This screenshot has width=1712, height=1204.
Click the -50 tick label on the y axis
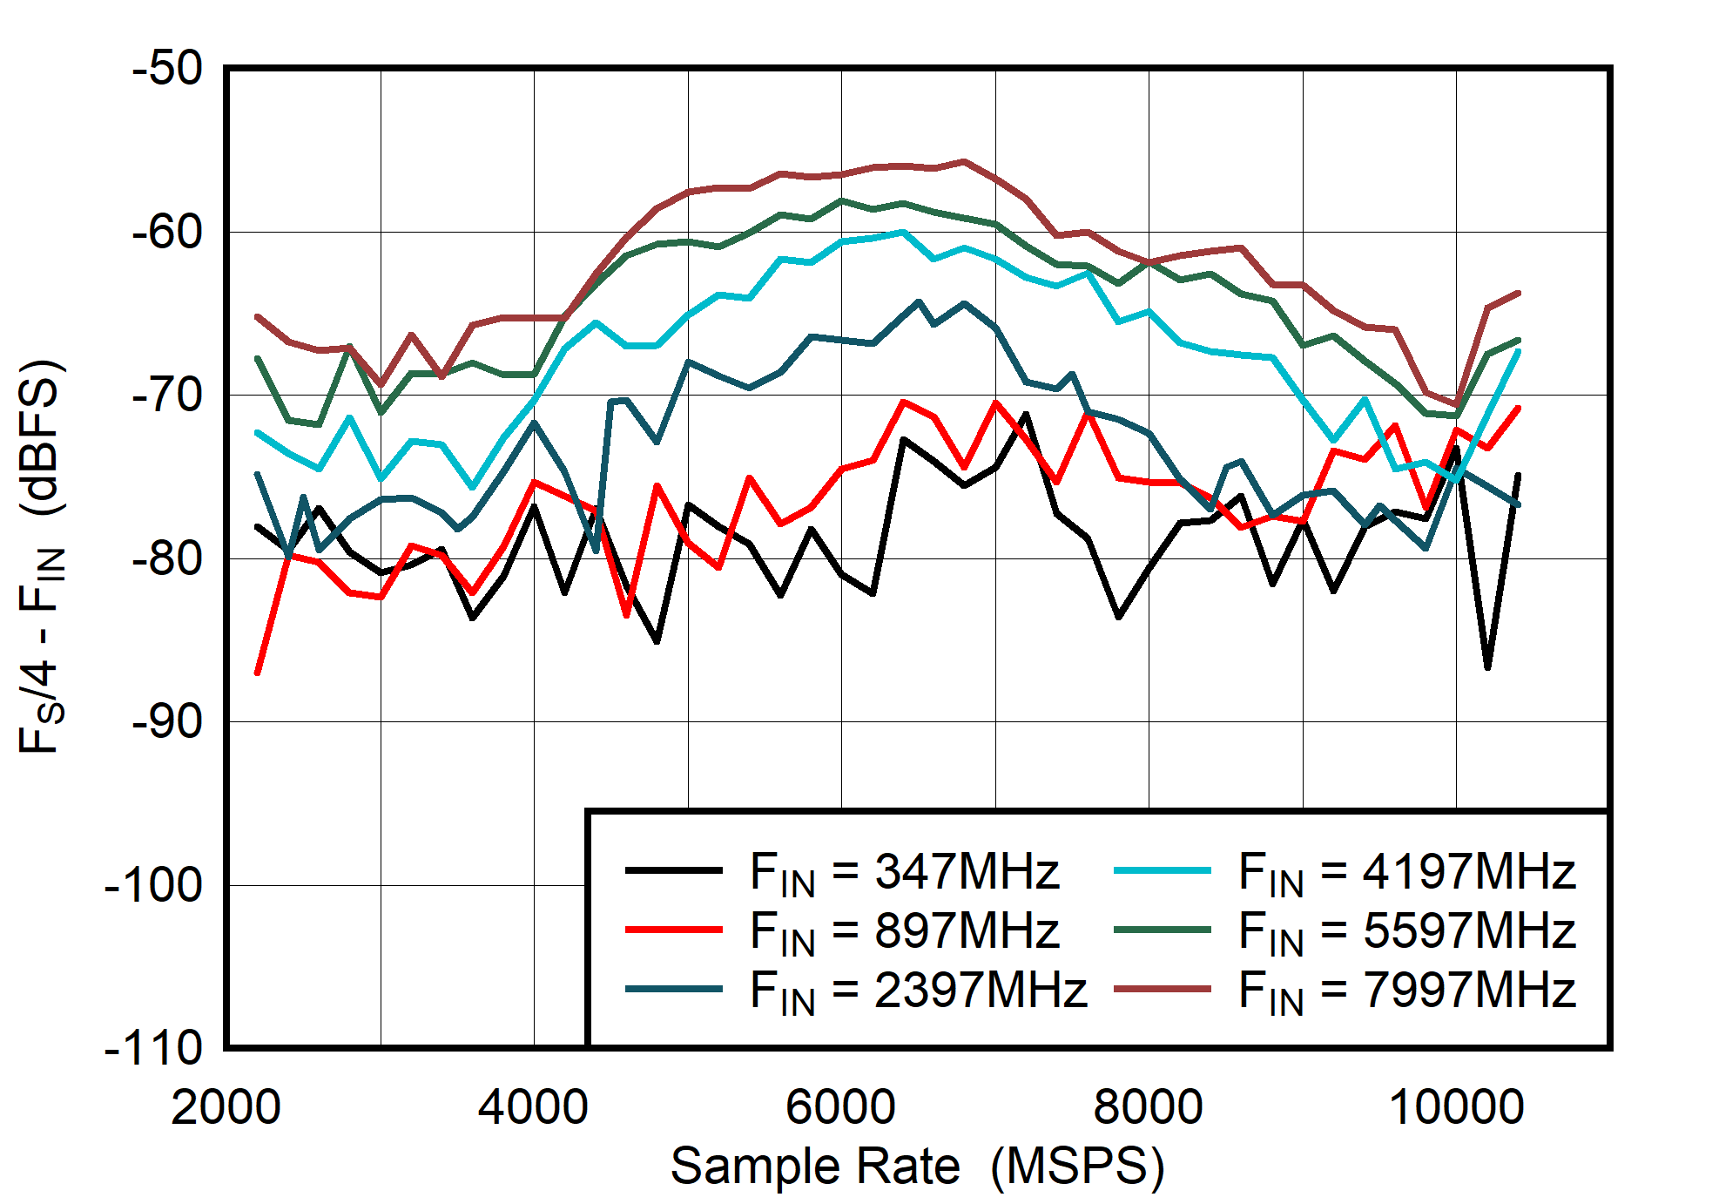point(167,69)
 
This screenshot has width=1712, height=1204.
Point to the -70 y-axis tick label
point(167,396)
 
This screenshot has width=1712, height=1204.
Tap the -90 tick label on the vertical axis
point(167,722)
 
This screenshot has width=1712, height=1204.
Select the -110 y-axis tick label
point(153,1048)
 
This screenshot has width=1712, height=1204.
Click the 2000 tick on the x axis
point(226,1107)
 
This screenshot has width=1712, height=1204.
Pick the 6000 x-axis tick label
point(840,1107)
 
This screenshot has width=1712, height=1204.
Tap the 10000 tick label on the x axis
point(1456,1107)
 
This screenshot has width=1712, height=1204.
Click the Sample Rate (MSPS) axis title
point(917,1167)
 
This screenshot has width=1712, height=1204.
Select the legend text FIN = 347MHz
point(904,872)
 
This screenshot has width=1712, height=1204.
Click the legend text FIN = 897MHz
point(904,931)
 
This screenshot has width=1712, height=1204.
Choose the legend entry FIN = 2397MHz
point(918,991)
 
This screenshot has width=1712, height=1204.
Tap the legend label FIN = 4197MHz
point(1406,872)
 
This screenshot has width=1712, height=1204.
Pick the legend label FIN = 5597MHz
point(1406,931)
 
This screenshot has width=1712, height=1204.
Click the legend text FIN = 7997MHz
point(1406,991)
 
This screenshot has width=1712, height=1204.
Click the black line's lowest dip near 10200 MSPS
point(1487,667)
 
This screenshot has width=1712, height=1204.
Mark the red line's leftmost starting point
point(257,673)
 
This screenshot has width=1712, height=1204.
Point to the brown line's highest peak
point(964,161)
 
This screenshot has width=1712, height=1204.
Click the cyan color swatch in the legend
point(1162,870)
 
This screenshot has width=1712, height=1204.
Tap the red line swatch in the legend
point(673,930)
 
